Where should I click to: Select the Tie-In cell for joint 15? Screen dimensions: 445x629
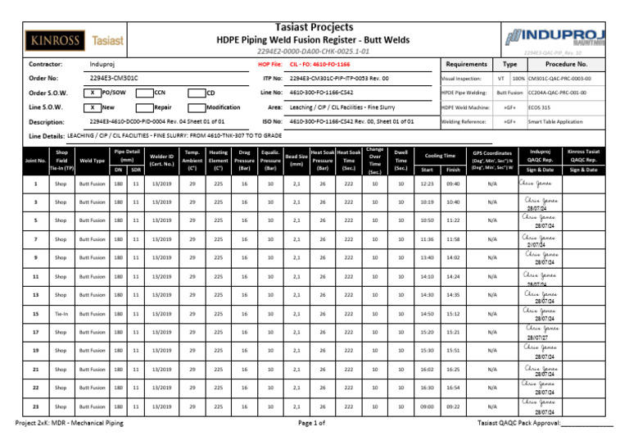pos(61,313)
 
